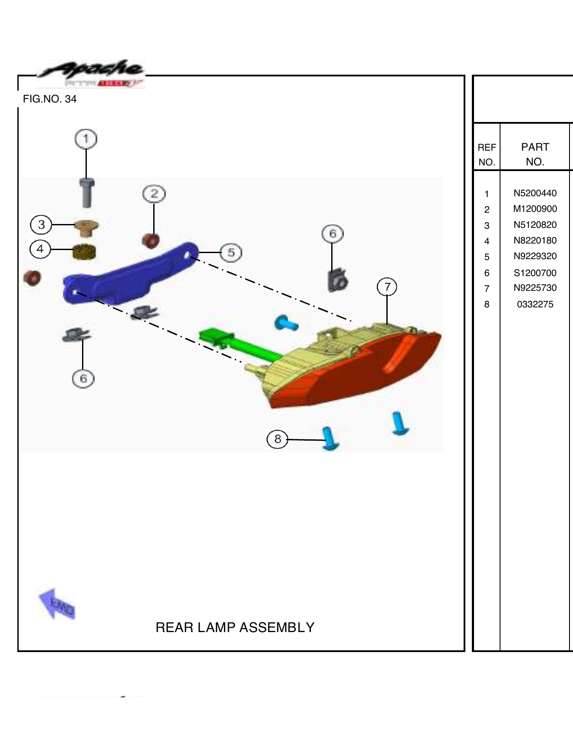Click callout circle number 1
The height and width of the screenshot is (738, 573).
click(86, 139)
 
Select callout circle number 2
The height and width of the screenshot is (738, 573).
click(154, 194)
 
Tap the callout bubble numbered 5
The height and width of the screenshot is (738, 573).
click(231, 252)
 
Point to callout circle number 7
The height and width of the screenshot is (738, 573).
click(387, 287)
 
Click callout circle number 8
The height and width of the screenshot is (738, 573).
click(277, 439)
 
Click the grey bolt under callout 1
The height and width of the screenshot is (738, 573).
click(87, 193)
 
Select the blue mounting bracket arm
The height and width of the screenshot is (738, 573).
click(130, 273)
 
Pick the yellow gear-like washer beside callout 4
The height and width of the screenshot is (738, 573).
click(84, 252)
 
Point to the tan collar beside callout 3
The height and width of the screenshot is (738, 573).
click(86, 227)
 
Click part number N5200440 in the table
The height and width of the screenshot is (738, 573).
click(535, 193)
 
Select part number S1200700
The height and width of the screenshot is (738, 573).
click(535, 273)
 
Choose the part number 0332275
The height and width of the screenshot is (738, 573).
click(535, 304)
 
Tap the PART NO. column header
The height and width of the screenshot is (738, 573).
click(535, 154)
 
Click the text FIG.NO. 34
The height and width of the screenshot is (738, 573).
click(50, 99)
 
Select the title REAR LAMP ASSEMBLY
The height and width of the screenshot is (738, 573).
click(235, 627)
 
